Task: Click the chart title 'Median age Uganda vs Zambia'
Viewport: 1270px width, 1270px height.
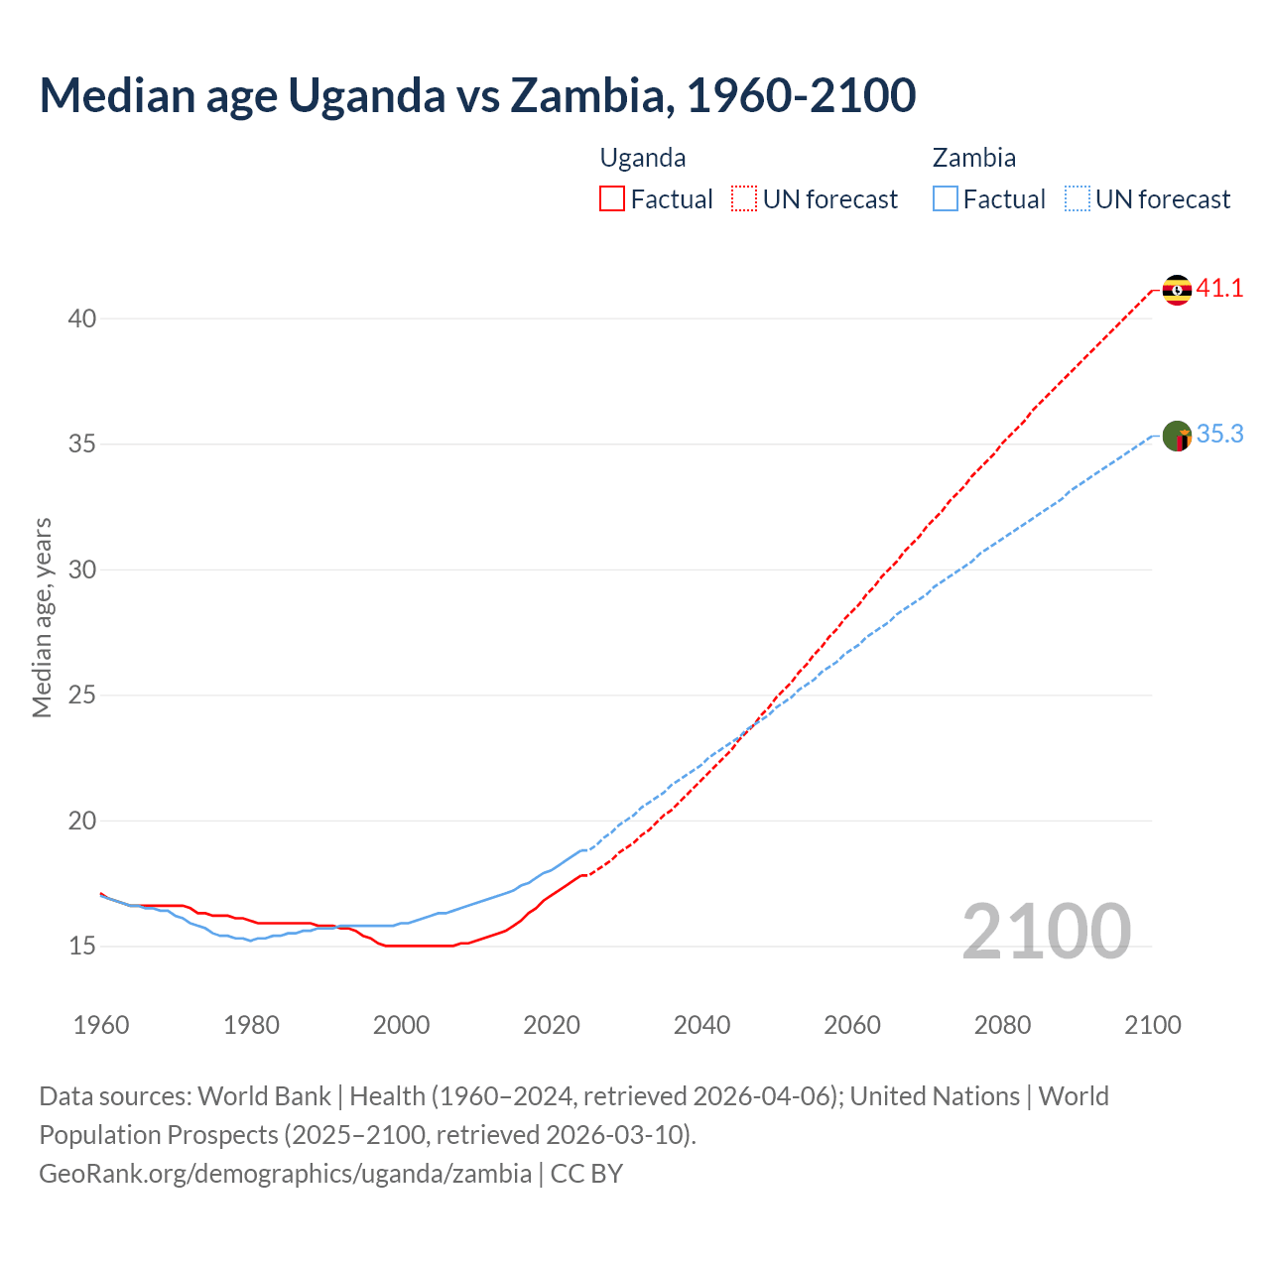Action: point(476,95)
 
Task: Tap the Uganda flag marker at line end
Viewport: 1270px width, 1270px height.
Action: point(1177,290)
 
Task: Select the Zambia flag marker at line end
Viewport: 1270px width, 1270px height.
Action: point(1177,436)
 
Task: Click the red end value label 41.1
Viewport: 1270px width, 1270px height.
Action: point(1219,289)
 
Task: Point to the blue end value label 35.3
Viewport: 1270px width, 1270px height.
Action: point(1219,435)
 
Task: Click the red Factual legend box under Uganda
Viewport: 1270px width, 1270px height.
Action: point(612,199)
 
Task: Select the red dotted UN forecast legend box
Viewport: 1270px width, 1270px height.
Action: point(744,199)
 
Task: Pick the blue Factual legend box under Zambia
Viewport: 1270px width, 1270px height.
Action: point(946,199)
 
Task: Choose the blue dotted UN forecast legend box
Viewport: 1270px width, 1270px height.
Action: point(1077,199)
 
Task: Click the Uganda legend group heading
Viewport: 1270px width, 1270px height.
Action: point(643,158)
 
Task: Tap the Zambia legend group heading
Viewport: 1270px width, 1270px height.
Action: point(973,158)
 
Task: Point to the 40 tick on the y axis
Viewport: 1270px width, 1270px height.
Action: point(82,318)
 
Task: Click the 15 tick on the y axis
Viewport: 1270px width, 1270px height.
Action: point(82,947)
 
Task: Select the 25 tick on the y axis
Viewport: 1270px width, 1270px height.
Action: point(82,696)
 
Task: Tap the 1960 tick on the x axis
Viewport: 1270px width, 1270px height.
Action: point(101,1025)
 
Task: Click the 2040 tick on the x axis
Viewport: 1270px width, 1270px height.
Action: point(701,1025)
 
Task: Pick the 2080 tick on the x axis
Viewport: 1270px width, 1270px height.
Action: point(1002,1025)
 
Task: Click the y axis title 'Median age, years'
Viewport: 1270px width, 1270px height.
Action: point(42,617)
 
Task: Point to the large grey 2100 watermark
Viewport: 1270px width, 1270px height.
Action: point(1046,932)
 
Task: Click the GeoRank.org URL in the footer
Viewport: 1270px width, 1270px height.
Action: point(286,1174)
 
